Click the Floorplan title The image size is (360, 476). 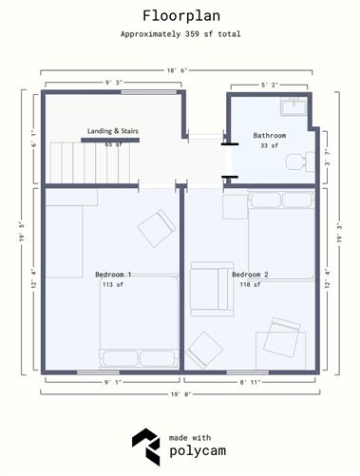[x=181, y=16]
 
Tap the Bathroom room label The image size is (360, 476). [x=270, y=136]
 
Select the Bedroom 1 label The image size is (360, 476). [x=113, y=275]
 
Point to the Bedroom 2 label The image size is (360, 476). [x=250, y=275]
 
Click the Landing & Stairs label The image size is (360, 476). [x=113, y=131]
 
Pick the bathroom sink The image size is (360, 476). [x=294, y=106]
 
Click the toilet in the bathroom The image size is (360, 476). [x=300, y=162]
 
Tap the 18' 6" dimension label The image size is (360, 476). [x=178, y=70]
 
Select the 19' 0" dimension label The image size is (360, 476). [x=180, y=394]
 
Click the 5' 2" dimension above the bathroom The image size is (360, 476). [x=270, y=85]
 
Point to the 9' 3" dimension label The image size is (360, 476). [x=114, y=83]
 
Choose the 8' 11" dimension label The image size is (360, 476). [x=250, y=382]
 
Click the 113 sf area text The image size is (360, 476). [x=113, y=284]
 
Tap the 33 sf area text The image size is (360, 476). [x=269, y=145]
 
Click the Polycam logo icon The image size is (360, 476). [x=146, y=447]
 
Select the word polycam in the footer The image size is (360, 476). [x=198, y=451]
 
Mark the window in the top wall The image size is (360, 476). [x=149, y=92]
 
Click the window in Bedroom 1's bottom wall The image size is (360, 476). [x=98, y=372]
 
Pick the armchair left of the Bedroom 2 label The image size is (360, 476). [x=212, y=289]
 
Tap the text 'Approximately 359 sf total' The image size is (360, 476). [x=180, y=34]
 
